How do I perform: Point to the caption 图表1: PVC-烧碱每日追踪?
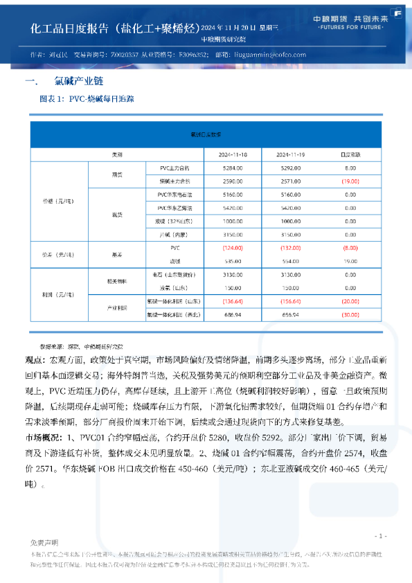point(87,99)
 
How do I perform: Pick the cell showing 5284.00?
point(233,168)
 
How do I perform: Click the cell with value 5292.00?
point(292,168)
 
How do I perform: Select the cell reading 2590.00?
point(233,181)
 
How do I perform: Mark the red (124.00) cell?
point(233,247)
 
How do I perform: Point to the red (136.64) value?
point(233,301)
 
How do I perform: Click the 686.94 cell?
point(233,314)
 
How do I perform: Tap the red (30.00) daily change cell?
point(350,314)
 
